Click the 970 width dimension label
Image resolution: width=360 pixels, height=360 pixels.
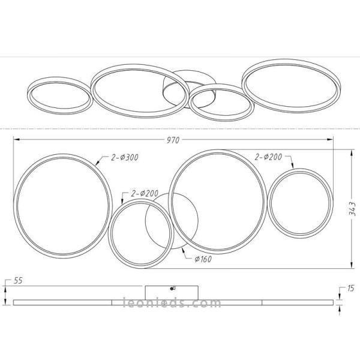[x=173, y=140]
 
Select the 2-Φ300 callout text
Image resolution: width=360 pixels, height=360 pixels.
[x=125, y=157]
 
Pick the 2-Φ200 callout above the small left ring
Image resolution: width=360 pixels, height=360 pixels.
[x=144, y=193]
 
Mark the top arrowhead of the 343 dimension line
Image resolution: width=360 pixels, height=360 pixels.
[x=350, y=151]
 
